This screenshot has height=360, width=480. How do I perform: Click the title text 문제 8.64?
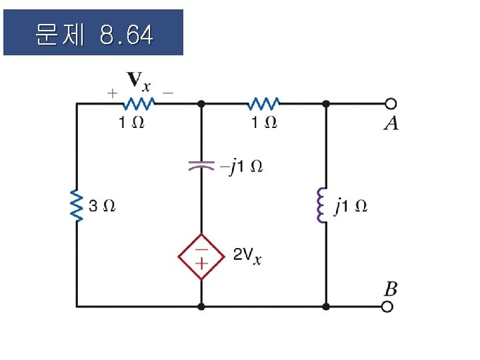click(93, 33)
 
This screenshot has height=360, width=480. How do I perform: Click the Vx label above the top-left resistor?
click(139, 82)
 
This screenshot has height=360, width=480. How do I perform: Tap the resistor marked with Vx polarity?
click(138, 103)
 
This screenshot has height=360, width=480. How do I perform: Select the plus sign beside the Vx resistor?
click(113, 94)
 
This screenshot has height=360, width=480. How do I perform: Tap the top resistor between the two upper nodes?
click(263, 103)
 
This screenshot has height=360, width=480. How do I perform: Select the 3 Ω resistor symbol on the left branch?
click(77, 206)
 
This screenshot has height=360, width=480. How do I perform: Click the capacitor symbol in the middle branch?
click(201, 165)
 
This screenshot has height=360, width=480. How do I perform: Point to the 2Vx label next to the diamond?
click(247, 255)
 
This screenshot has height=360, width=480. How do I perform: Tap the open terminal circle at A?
click(391, 103)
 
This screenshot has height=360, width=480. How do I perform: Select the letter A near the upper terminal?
click(391, 123)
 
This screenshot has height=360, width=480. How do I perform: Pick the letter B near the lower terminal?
click(391, 289)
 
